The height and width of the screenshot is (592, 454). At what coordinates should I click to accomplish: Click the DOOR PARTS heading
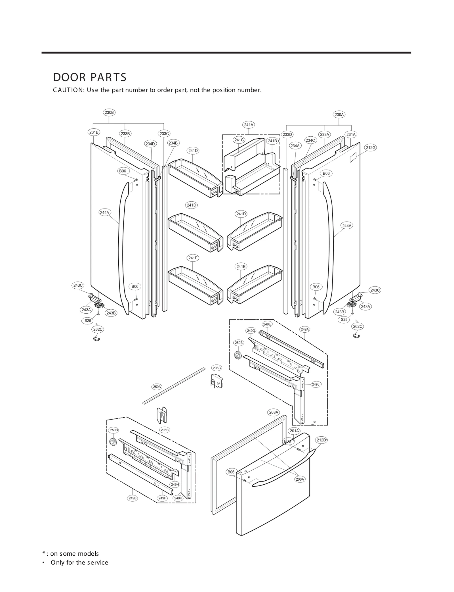coord(90,77)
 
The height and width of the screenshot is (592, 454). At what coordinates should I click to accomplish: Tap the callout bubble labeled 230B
coord(109,112)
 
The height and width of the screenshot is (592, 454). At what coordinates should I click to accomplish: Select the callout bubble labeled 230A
coord(339,115)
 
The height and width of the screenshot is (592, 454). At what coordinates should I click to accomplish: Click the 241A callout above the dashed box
coord(249,125)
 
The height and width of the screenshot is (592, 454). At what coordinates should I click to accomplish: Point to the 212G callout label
coord(371,148)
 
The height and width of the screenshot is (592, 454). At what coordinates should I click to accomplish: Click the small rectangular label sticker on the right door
coord(353,157)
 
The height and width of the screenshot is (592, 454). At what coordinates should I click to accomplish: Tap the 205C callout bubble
coord(217,368)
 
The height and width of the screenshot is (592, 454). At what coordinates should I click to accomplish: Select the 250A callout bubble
coord(157,387)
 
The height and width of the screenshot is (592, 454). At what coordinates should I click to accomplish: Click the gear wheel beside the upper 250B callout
coord(238,355)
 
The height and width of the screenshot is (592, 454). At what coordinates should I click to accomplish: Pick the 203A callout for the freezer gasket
coord(274,412)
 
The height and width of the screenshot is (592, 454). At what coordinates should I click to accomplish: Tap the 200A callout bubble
coord(300,480)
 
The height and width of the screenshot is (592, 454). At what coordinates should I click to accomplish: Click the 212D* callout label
coord(322,440)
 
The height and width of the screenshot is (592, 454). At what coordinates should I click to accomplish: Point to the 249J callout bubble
coord(316,384)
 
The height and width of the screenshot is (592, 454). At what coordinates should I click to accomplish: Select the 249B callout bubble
coord(133,498)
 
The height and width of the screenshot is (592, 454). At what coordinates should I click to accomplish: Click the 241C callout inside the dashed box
coord(239,140)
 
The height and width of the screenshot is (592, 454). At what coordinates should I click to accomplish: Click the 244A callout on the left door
coord(104,212)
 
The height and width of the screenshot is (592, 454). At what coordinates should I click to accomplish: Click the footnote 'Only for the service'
coord(79,570)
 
